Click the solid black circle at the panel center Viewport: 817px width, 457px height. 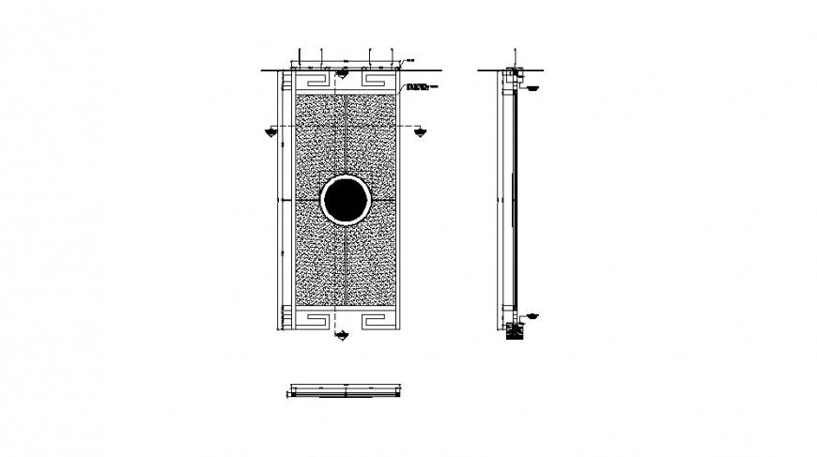pyautogui.click(x=346, y=200)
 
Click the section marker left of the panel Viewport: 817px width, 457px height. pyautogui.click(x=270, y=130)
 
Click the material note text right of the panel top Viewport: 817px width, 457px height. pyautogui.click(x=419, y=87)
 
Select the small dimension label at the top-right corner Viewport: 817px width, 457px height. pyautogui.click(x=410, y=62)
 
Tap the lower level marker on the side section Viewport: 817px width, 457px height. pyautogui.click(x=531, y=314)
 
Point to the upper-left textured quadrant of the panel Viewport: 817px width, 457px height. pyautogui.click(x=319, y=141)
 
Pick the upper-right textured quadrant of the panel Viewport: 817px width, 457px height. pyautogui.click(x=374, y=141)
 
